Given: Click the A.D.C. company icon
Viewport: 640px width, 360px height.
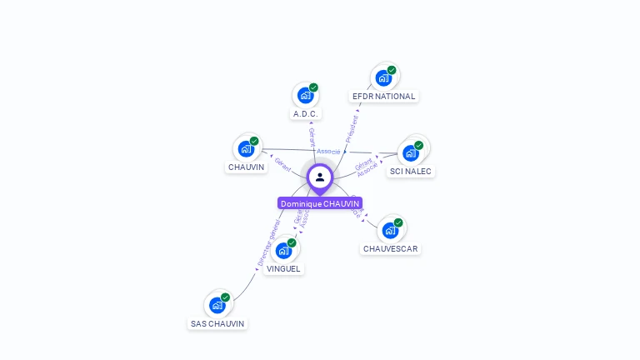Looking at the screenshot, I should pyautogui.click(x=305, y=96).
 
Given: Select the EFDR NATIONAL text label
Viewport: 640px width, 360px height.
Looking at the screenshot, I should pyautogui.click(x=383, y=97).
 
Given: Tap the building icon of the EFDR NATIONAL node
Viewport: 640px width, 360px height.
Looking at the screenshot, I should pyautogui.click(x=383, y=78).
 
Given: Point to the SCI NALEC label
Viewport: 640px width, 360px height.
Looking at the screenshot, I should pyautogui.click(x=412, y=172).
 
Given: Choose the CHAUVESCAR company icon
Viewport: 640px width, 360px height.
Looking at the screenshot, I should pyautogui.click(x=390, y=231).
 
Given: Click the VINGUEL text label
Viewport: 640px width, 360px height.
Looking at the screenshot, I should pyautogui.click(x=283, y=268).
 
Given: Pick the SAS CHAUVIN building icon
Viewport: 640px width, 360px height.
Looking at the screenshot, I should pyautogui.click(x=217, y=305).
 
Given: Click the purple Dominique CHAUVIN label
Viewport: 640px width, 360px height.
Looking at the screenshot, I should pyautogui.click(x=320, y=203).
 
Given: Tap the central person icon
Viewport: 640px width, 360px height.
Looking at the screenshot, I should pyautogui.click(x=320, y=177).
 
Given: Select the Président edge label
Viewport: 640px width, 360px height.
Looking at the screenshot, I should pyautogui.click(x=352, y=129).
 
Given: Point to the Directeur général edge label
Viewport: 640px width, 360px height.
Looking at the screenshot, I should pyautogui.click(x=270, y=242).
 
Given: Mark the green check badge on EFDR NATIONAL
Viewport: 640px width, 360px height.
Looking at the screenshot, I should pyautogui.click(x=392, y=70).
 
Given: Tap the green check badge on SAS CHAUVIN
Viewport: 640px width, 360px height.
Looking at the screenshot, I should pyautogui.click(x=225, y=297).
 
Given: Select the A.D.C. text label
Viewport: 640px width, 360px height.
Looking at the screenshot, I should pyautogui.click(x=305, y=113).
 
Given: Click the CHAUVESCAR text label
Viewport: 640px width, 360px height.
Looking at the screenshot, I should pyautogui.click(x=390, y=249).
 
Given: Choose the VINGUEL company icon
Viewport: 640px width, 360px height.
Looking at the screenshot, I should pyautogui.click(x=283, y=250).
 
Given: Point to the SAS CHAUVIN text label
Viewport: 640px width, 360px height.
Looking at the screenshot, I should pyautogui.click(x=217, y=323).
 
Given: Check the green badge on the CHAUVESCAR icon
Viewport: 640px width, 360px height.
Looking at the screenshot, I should pyautogui.click(x=398, y=222).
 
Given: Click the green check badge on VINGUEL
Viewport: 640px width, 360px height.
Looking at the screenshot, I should pyautogui.click(x=292, y=242).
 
